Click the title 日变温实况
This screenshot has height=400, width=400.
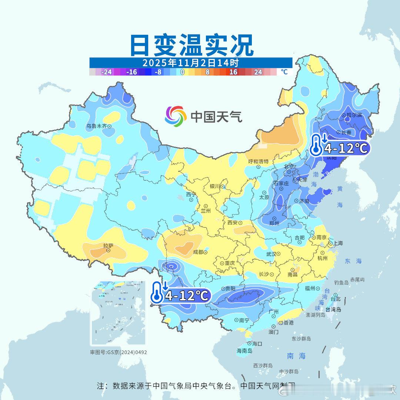pos(191,45)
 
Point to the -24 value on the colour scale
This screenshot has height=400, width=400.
pos(107,72)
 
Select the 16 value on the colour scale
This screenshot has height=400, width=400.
pos(233,72)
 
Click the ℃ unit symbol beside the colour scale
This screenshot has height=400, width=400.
pos(284,72)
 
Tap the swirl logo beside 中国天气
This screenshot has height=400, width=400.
pos(176,116)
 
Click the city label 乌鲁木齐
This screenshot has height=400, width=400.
pos(96,126)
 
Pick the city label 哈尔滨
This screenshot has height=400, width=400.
pos(354,115)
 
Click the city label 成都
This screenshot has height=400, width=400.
pos(198,252)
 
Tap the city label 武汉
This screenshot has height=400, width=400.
pos(271,254)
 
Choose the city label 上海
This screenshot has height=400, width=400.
pos(338,243)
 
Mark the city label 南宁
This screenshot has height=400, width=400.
pos(244,320)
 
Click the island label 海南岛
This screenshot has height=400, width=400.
pos(244,350)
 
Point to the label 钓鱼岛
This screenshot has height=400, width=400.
pos(341,283)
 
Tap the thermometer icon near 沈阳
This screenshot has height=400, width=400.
pos(316,145)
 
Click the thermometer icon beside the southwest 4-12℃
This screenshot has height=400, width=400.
pos(157,291)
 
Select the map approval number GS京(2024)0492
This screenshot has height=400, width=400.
pos(119,352)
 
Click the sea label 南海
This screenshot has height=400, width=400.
pos(296,356)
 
